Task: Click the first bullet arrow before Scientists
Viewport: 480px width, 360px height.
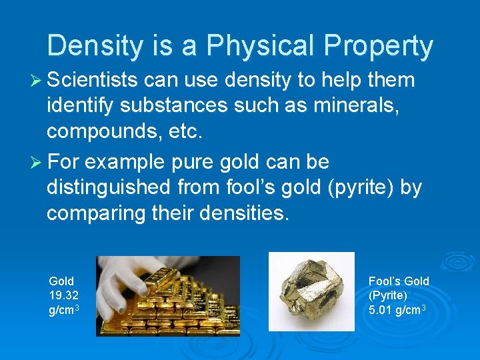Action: click(x=34, y=81)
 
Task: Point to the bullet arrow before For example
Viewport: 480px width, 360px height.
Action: click(x=34, y=163)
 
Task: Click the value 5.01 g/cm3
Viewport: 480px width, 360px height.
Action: click(x=397, y=310)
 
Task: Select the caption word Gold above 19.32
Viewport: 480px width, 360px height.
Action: click(x=61, y=281)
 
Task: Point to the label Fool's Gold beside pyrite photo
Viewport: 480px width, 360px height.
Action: click(x=399, y=281)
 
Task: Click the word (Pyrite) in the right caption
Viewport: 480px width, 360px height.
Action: click(x=388, y=295)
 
